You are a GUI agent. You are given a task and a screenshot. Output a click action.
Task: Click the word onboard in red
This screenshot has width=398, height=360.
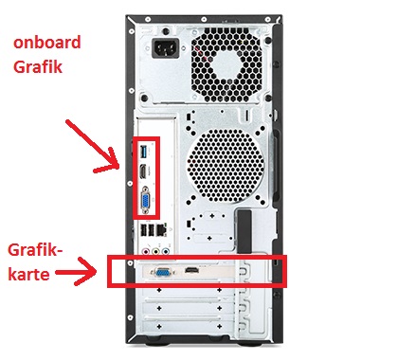click(47, 43)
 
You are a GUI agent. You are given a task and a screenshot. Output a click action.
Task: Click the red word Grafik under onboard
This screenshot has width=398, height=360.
click(38, 66)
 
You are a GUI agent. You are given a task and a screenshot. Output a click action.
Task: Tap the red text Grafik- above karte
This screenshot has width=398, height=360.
click(35, 250)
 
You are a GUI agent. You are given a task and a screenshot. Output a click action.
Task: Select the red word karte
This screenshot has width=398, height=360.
click(28, 274)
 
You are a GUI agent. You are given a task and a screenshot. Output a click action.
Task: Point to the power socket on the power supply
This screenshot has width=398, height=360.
click(166, 48)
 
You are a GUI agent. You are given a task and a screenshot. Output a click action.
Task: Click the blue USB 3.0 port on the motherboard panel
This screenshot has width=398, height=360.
click(143, 152)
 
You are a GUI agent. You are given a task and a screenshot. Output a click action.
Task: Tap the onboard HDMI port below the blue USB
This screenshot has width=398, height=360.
click(143, 172)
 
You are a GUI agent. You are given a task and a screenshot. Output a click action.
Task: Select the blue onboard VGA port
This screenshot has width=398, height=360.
click(146, 201)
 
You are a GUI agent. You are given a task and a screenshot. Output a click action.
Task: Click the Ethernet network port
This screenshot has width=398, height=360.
click(161, 229)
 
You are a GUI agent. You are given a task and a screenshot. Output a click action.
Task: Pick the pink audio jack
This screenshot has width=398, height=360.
click(146, 252)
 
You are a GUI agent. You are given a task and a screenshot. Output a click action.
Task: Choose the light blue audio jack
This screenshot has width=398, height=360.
click(165, 252)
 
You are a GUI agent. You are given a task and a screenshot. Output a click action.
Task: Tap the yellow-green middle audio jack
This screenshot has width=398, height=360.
click(155, 252)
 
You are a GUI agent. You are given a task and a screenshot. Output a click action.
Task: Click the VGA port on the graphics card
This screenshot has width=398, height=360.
click(163, 272)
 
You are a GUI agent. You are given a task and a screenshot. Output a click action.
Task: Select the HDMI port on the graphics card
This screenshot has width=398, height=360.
click(192, 270)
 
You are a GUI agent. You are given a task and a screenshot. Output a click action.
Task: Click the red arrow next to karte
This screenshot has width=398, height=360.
click(77, 272)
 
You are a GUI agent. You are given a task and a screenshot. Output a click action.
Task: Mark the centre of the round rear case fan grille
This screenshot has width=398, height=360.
click(225, 167)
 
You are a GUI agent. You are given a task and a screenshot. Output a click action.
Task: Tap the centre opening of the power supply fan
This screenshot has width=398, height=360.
click(227, 66)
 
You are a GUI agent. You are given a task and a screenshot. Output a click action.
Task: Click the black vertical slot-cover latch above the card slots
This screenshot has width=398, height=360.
click(244, 231)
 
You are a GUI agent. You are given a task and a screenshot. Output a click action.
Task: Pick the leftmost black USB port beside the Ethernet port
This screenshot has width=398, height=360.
click(143, 230)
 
